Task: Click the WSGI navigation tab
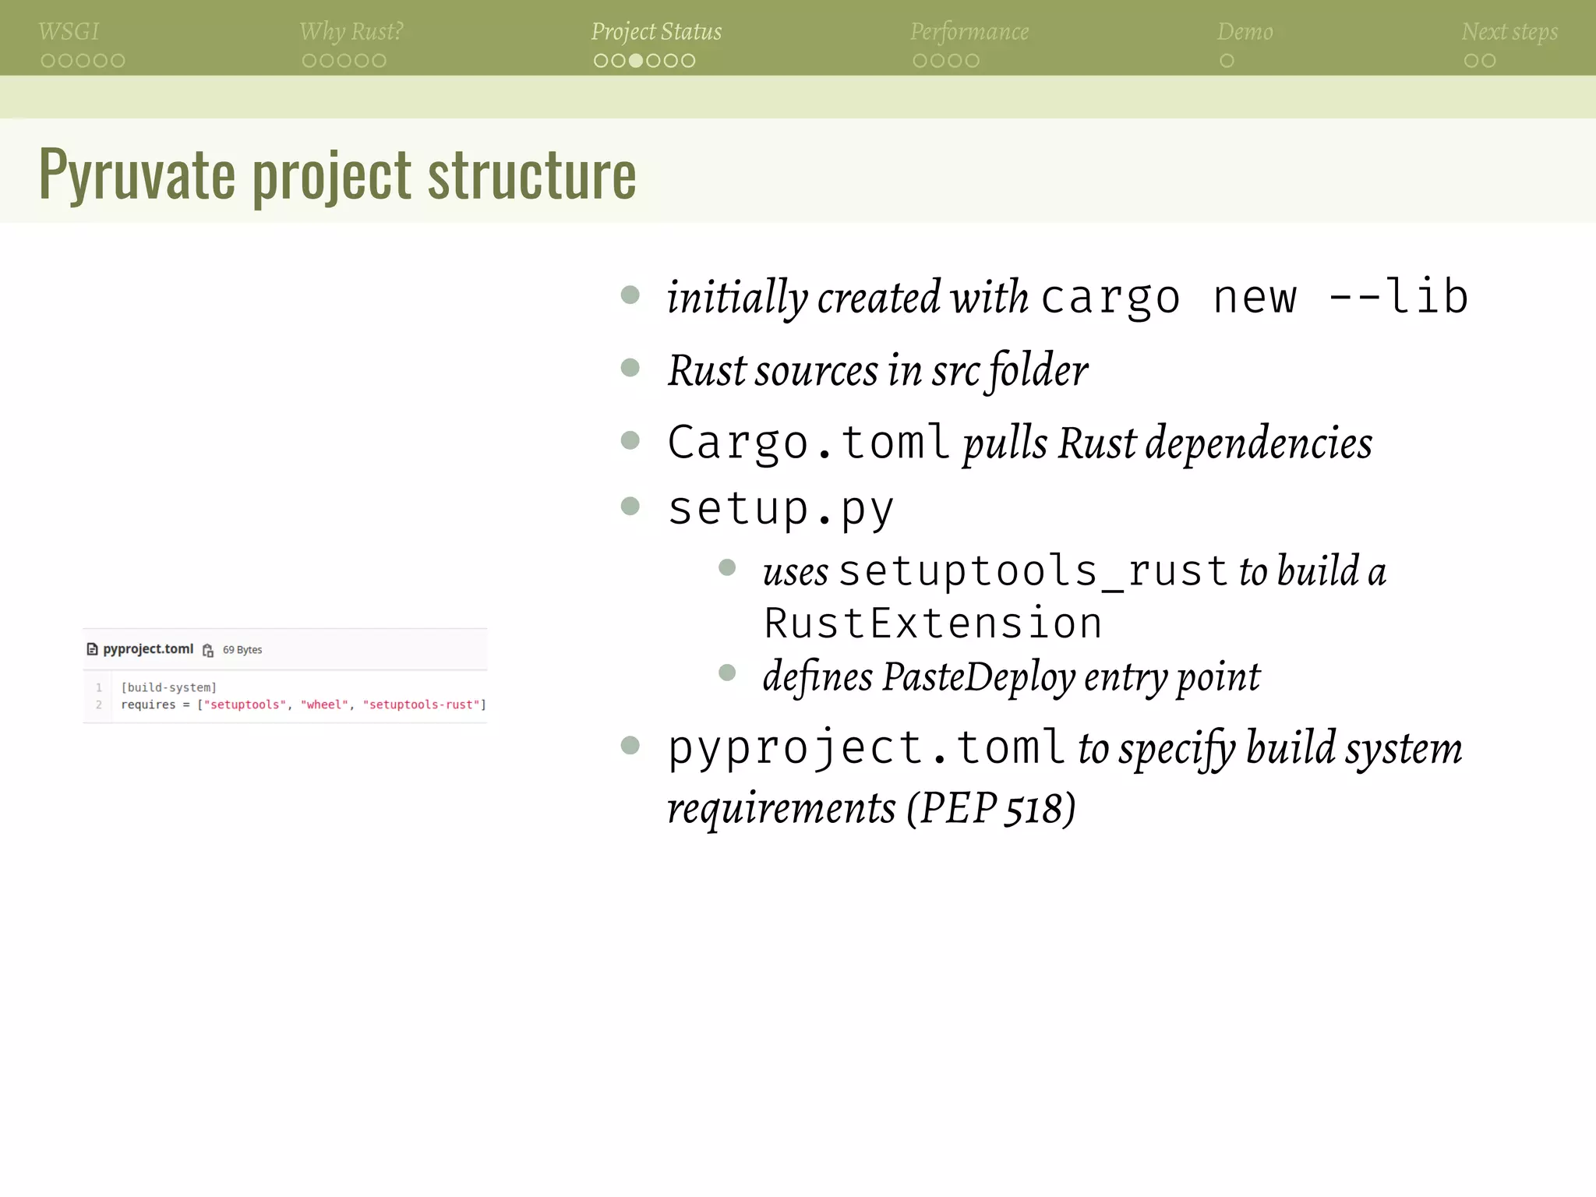click(69, 32)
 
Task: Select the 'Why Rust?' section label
click(351, 32)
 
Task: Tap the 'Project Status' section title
click(656, 32)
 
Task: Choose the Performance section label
click(969, 32)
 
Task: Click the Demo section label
click(1245, 32)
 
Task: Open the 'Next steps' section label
click(1509, 32)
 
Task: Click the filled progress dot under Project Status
click(636, 61)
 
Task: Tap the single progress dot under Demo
click(1227, 61)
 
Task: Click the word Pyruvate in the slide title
click(136, 175)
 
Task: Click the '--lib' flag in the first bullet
click(1398, 297)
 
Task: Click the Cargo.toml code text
click(808, 443)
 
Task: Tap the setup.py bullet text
click(781, 509)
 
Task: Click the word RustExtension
click(933, 623)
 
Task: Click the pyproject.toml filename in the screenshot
click(148, 649)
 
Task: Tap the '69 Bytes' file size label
click(242, 650)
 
